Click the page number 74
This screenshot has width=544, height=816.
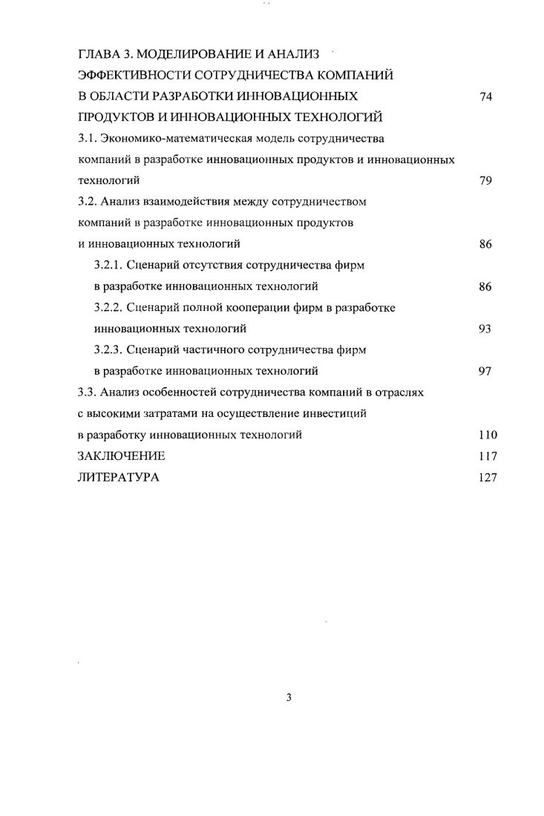(x=487, y=96)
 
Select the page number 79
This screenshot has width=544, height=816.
(x=487, y=180)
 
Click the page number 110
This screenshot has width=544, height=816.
(x=488, y=435)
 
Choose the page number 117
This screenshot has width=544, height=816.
(x=488, y=456)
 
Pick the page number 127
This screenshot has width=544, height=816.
(x=488, y=478)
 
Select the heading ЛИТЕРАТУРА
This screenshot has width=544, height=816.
(x=119, y=478)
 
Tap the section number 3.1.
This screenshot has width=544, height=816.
(x=87, y=138)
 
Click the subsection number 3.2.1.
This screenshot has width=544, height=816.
(x=109, y=265)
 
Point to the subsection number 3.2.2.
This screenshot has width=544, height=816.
(x=109, y=307)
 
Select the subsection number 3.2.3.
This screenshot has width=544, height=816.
(x=109, y=349)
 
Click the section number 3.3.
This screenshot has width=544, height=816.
(x=87, y=392)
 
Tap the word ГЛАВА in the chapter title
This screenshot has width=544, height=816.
(x=99, y=53)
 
